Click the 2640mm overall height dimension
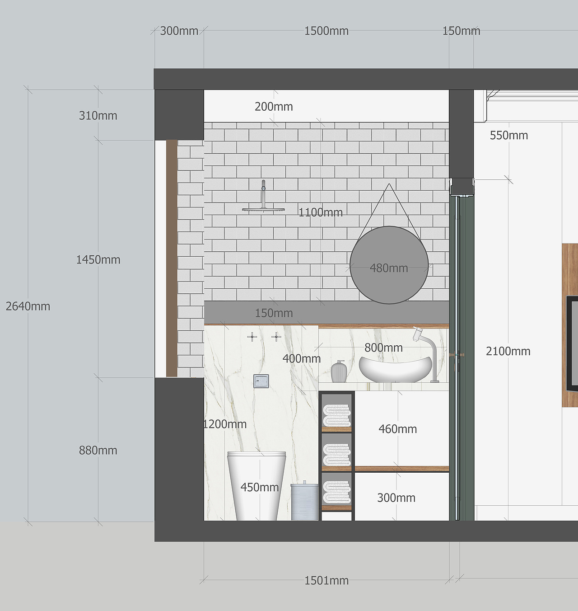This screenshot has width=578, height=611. point(28,306)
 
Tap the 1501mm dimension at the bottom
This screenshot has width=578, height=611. point(326,581)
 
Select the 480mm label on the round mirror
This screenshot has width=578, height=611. point(389,268)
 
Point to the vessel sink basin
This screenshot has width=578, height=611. point(396,369)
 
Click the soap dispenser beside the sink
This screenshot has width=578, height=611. point(339,371)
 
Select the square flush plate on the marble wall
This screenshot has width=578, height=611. point(261,381)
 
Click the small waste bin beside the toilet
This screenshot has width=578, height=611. point(304,500)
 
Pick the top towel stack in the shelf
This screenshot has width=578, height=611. point(337,415)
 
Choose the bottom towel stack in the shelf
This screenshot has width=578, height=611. point(337,492)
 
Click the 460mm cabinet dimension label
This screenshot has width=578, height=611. point(397,429)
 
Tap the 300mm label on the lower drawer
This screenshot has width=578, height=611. point(396,498)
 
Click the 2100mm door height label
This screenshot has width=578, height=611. point(508,352)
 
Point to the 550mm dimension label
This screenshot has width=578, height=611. point(509,136)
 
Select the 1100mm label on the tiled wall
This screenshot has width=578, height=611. point(321,212)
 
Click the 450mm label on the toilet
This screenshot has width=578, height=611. point(260,487)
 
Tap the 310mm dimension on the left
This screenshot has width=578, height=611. point(98,116)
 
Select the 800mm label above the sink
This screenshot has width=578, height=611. point(383,348)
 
